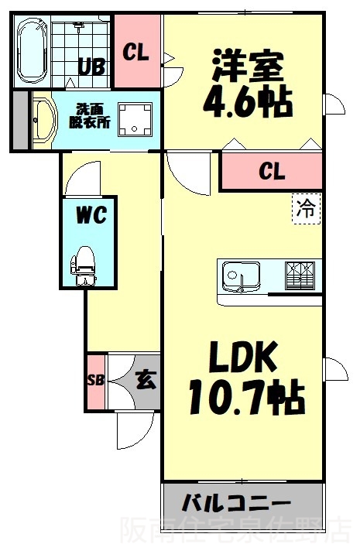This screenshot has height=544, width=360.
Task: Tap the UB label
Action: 91,67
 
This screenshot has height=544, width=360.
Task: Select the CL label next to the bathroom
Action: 135,53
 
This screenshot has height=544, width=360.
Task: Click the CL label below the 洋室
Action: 273,171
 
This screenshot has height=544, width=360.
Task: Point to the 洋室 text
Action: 248,66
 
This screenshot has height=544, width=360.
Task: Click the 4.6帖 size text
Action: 248,102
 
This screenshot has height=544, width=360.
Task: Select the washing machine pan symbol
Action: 135,120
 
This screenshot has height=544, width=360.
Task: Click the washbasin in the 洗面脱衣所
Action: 45,120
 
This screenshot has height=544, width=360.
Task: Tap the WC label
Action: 91,216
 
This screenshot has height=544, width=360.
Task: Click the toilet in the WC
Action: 84,265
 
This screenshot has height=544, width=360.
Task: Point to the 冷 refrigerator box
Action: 306,208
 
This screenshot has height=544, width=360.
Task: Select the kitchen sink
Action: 242,276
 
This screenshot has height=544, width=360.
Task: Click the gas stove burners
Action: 300,275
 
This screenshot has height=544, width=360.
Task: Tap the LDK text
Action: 242,357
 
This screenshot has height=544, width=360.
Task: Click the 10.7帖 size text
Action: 247,397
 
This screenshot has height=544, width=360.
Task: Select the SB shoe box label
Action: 95,380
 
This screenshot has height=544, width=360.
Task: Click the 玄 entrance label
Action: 146,380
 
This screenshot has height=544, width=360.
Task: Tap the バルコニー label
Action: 236,503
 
